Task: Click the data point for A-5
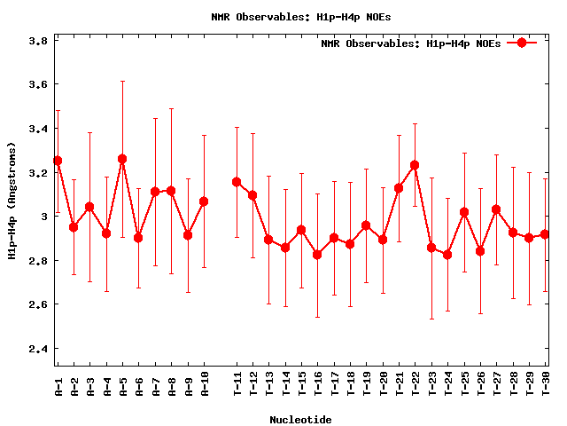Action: [122, 159]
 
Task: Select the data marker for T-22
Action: [415, 165]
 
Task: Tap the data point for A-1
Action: [58, 161]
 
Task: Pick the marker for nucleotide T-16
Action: [317, 255]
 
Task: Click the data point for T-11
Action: [237, 182]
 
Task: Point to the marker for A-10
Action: [204, 201]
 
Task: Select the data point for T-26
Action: [480, 251]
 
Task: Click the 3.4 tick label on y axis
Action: [38, 129]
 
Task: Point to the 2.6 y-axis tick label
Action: [38, 304]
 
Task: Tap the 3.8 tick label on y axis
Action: [38, 41]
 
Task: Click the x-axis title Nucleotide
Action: [301, 419]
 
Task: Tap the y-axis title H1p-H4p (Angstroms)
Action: [12, 202]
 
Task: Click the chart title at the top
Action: [301, 16]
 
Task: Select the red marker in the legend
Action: [522, 43]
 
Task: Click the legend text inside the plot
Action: [410, 43]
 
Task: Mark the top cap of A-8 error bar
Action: [171, 109]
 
